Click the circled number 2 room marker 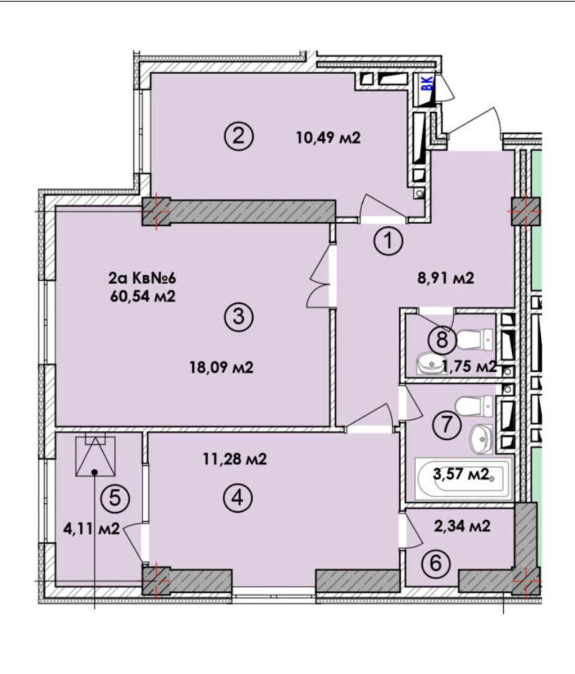point(239,136)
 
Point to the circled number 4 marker point(238,497)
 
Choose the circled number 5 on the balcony point(115,497)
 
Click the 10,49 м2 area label point(328,138)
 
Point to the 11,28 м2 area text point(234,460)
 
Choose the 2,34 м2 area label point(463,526)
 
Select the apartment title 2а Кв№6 point(144,278)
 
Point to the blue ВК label point(427,84)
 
